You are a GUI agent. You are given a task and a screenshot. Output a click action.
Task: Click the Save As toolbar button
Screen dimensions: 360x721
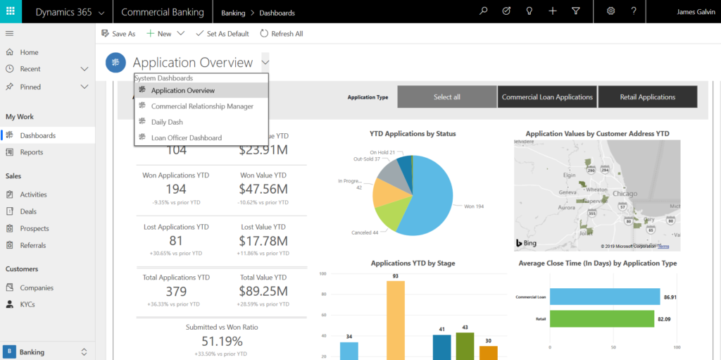[x=118, y=33]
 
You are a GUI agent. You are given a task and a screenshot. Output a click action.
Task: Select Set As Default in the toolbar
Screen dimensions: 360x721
[x=222, y=33]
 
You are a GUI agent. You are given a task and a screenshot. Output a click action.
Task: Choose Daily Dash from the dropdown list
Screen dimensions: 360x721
[x=167, y=122]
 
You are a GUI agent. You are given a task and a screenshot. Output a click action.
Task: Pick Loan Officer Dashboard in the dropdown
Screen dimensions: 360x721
[x=186, y=138]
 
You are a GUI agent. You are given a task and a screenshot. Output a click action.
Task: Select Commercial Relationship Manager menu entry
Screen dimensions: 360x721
[x=202, y=106]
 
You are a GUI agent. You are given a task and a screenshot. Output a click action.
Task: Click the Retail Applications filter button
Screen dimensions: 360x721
[x=647, y=97]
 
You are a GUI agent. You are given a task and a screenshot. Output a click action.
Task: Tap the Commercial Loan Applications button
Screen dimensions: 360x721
[x=547, y=97]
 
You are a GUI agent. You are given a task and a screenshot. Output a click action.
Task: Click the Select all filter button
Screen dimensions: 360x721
[x=446, y=97]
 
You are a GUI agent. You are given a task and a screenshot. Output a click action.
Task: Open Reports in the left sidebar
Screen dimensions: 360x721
[x=31, y=152]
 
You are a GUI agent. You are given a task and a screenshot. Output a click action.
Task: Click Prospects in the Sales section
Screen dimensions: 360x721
[x=35, y=228]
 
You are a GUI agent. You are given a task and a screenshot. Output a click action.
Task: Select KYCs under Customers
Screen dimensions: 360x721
[x=27, y=304]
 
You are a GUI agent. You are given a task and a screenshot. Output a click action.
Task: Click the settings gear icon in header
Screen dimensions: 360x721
[x=610, y=11]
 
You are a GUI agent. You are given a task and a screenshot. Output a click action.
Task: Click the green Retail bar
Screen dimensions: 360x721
[x=604, y=318]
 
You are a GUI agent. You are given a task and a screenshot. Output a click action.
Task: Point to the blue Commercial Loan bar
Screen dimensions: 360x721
[x=604, y=297]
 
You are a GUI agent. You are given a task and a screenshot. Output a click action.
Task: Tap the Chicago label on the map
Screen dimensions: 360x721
[x=625, y=194]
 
